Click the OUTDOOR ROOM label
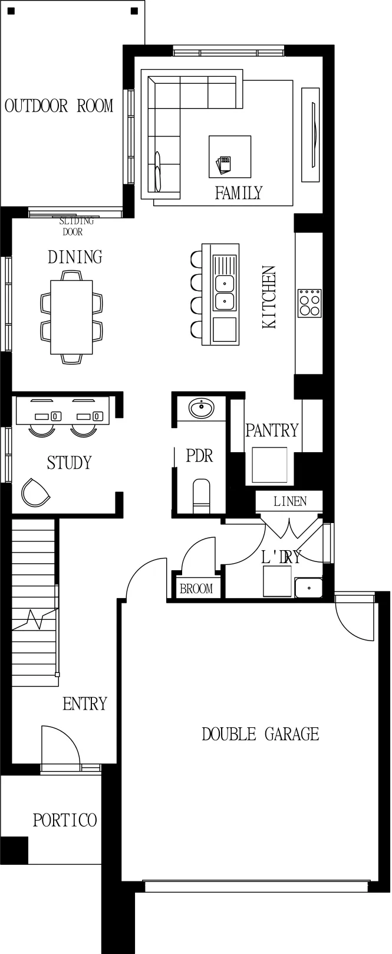coord(59,106)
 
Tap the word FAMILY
coord(239,193)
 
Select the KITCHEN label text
coord(269,298)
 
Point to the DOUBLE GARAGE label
coord(260,734)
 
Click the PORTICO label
coord(65,820)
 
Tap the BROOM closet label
coord(196,589)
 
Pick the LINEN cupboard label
coord(290,501)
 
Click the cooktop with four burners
coord(309,303)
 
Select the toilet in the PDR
coord(202,496)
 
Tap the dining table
coord(71,317)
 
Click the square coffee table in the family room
coord(229,156)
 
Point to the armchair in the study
coord(35,492)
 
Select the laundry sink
coord(309,588)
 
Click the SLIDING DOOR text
coord(76,227)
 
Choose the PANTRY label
coord(272,430)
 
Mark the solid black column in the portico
coord(14,850)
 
